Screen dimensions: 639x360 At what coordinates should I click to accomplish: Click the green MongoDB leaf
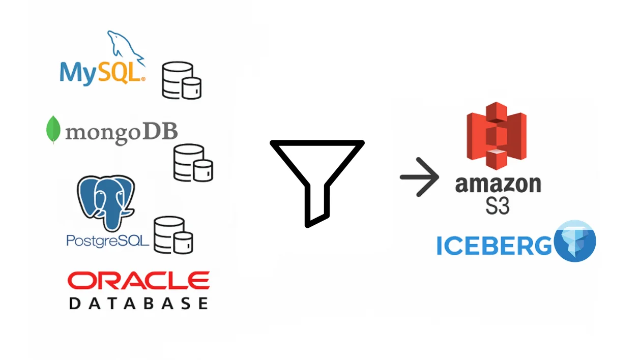[53, 130]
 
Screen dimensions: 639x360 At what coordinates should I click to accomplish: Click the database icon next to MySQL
[182, 80]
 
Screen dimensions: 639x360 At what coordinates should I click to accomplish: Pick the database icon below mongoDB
[193, 163]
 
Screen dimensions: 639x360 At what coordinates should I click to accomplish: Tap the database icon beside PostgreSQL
[173, 235]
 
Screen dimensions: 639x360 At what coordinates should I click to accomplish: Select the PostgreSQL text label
[107, 241]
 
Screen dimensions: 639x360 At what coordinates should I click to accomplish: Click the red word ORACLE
[139, 281]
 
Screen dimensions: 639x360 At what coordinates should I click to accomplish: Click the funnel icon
[317, 184]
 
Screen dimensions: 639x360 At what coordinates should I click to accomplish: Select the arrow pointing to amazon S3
[419, 177]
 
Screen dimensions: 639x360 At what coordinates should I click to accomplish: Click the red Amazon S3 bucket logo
[497, 136]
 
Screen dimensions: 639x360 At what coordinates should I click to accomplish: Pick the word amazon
[498, 185]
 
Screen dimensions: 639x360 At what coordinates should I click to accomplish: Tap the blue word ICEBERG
[494, 246]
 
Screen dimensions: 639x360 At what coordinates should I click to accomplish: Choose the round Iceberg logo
[575, 241]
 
